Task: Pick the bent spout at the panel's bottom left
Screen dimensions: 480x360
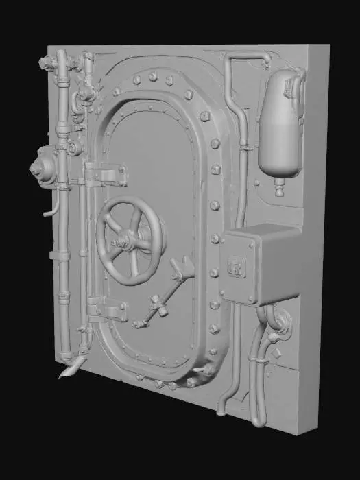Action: point(71,369)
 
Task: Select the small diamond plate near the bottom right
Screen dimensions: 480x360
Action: point(277,354)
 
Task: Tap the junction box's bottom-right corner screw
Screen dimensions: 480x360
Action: point(252,300)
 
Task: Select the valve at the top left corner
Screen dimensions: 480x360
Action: point(47,64)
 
